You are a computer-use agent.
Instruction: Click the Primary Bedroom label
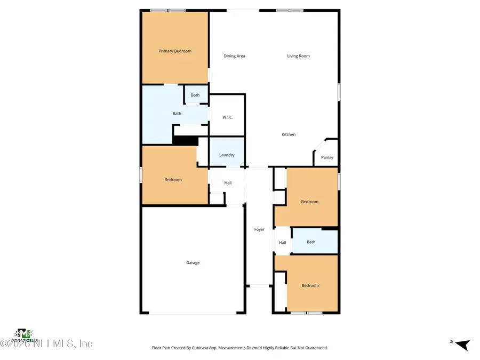[175, 51]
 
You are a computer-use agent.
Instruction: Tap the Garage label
[193, 263]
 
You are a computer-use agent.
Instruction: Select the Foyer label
[259, 229]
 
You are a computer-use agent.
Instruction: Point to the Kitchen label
[289, 134]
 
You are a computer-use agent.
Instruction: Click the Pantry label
[327, 157]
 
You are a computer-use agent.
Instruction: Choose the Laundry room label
[227, 155]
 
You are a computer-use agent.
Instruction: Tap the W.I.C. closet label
[227, 117]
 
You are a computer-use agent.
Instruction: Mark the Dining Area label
[234, 56]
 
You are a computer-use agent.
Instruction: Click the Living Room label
[298, 56]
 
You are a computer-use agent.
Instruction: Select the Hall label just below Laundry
[228, 183]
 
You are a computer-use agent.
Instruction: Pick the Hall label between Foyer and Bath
[282, 243]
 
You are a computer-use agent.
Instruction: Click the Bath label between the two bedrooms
[311, 242]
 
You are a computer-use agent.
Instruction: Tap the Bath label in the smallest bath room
[195, 95]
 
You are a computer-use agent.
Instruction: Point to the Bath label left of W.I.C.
[177, 114]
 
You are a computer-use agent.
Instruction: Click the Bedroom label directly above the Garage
[173, 180]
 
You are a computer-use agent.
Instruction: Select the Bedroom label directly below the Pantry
[309, 202]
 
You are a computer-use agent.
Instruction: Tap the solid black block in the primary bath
[186, 141]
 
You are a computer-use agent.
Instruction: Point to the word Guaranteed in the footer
[315, 348]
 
